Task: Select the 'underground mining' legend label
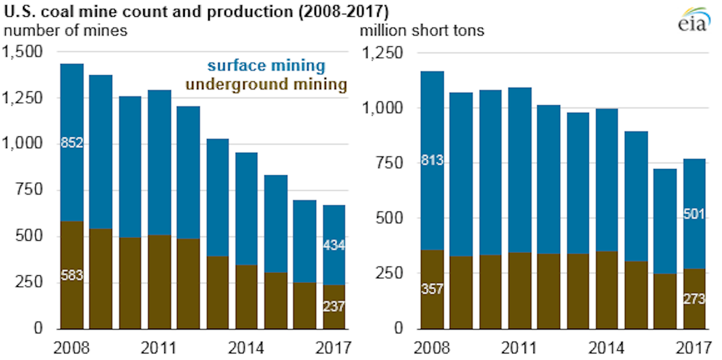[x=266, y=85]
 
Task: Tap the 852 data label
[x=72, y=143]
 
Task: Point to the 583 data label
[x=72, y=276]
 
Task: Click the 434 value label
[x=333, y=246]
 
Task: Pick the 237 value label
[x=333, y=306]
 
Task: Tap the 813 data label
[x=432, y=161]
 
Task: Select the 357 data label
[x=432, y=289]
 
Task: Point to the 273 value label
[x=694, y=300]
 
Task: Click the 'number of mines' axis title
[x=66, y=31]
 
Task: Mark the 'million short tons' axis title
[x=422, y=31]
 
